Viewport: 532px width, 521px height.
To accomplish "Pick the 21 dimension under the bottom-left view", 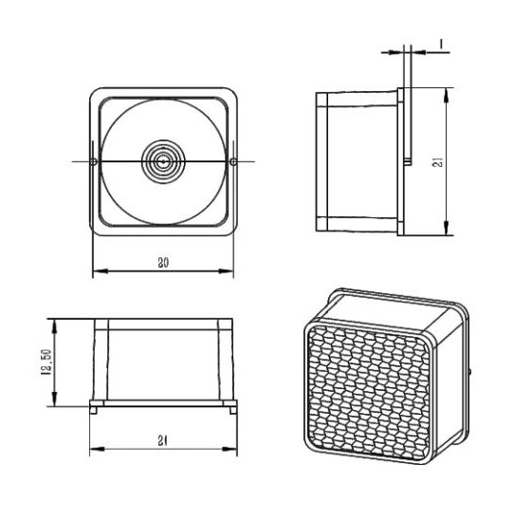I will [164, 439].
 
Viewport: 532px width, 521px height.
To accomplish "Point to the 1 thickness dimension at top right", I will [442, 43].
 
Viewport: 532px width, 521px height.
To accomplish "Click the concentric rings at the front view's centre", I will [163, 162].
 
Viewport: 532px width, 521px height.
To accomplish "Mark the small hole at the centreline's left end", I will [92, 162].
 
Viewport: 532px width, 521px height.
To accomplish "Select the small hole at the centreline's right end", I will [233, 162].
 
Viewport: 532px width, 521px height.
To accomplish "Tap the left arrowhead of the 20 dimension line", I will [97, 273].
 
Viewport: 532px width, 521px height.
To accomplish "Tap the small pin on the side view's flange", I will [406, 161].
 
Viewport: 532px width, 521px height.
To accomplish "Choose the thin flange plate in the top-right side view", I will [402, 161].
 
